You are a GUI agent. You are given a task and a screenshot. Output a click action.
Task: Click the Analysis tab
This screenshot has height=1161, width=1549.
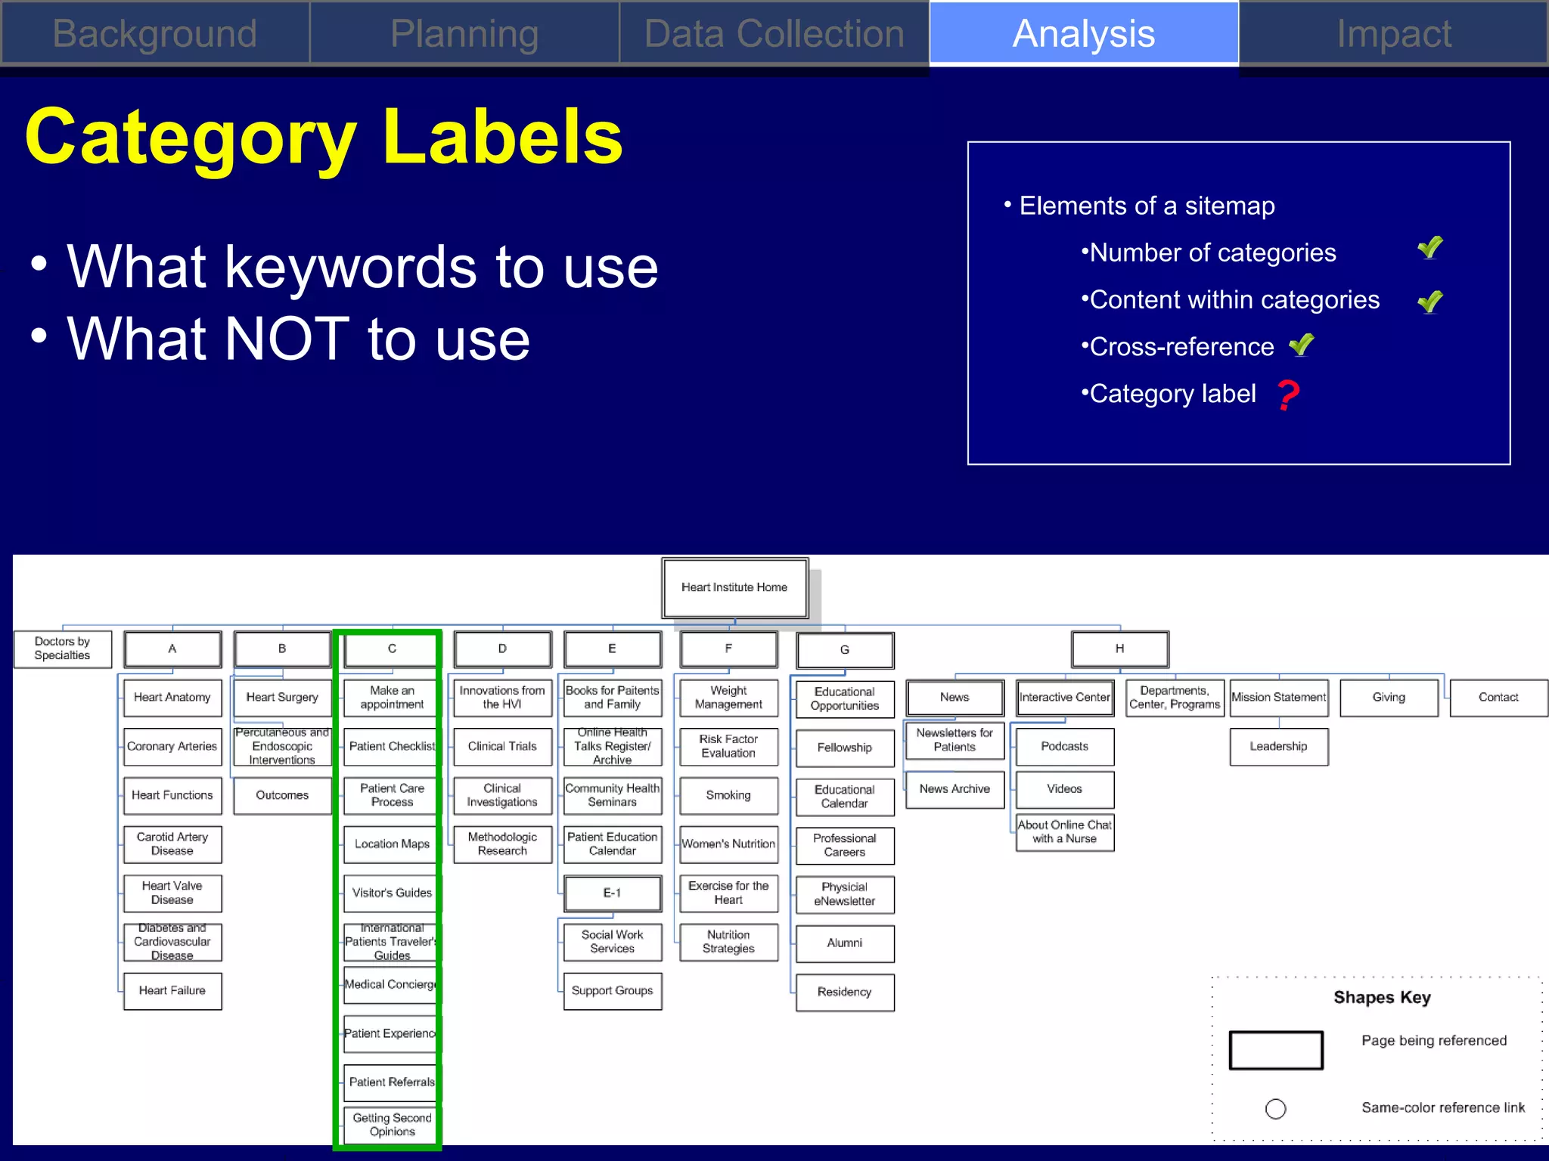[x=1083, y=34]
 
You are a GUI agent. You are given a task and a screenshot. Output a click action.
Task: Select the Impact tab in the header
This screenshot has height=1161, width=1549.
[x=1393, y=34]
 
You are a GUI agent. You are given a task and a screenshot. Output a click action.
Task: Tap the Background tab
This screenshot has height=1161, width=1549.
[x=155, y=34]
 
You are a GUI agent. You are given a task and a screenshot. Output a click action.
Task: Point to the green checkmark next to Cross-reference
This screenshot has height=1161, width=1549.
[x=1302, y=345]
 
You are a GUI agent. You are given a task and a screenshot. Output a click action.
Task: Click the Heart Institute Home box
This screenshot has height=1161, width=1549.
[x=734, y=588]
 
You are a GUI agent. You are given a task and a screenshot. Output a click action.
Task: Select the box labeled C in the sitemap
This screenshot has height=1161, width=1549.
[x=392, y=649]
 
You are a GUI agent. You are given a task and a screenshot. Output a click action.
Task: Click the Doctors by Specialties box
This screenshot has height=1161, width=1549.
[x=63, y=649]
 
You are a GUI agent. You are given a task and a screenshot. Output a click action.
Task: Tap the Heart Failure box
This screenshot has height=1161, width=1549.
[x=172, y=991]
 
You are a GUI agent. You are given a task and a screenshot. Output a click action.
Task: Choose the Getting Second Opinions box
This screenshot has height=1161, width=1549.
[x=392, y=1125]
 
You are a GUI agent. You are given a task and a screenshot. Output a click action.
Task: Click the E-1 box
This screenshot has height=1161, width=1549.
[x=613, y=893]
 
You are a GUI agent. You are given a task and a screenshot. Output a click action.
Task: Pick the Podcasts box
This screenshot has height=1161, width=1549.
[x=1064, y=747]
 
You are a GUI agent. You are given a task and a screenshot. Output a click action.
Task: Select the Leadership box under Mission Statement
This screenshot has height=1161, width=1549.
[x=1278, y=747]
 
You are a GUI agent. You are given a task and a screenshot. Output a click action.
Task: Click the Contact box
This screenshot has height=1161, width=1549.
[x=1498, y=698]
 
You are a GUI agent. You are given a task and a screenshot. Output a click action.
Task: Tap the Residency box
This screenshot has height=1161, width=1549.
[x=845, y=992]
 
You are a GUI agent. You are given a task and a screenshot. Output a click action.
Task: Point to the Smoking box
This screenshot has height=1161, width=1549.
[x=728, y=796]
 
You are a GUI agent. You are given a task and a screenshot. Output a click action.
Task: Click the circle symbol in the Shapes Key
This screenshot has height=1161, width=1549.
[x=1275, y=1109]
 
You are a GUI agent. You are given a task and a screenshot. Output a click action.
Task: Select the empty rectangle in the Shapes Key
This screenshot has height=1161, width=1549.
[x=1276, y=1051]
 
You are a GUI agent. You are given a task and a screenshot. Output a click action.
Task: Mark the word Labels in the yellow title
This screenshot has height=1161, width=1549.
[x=503, y=138]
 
